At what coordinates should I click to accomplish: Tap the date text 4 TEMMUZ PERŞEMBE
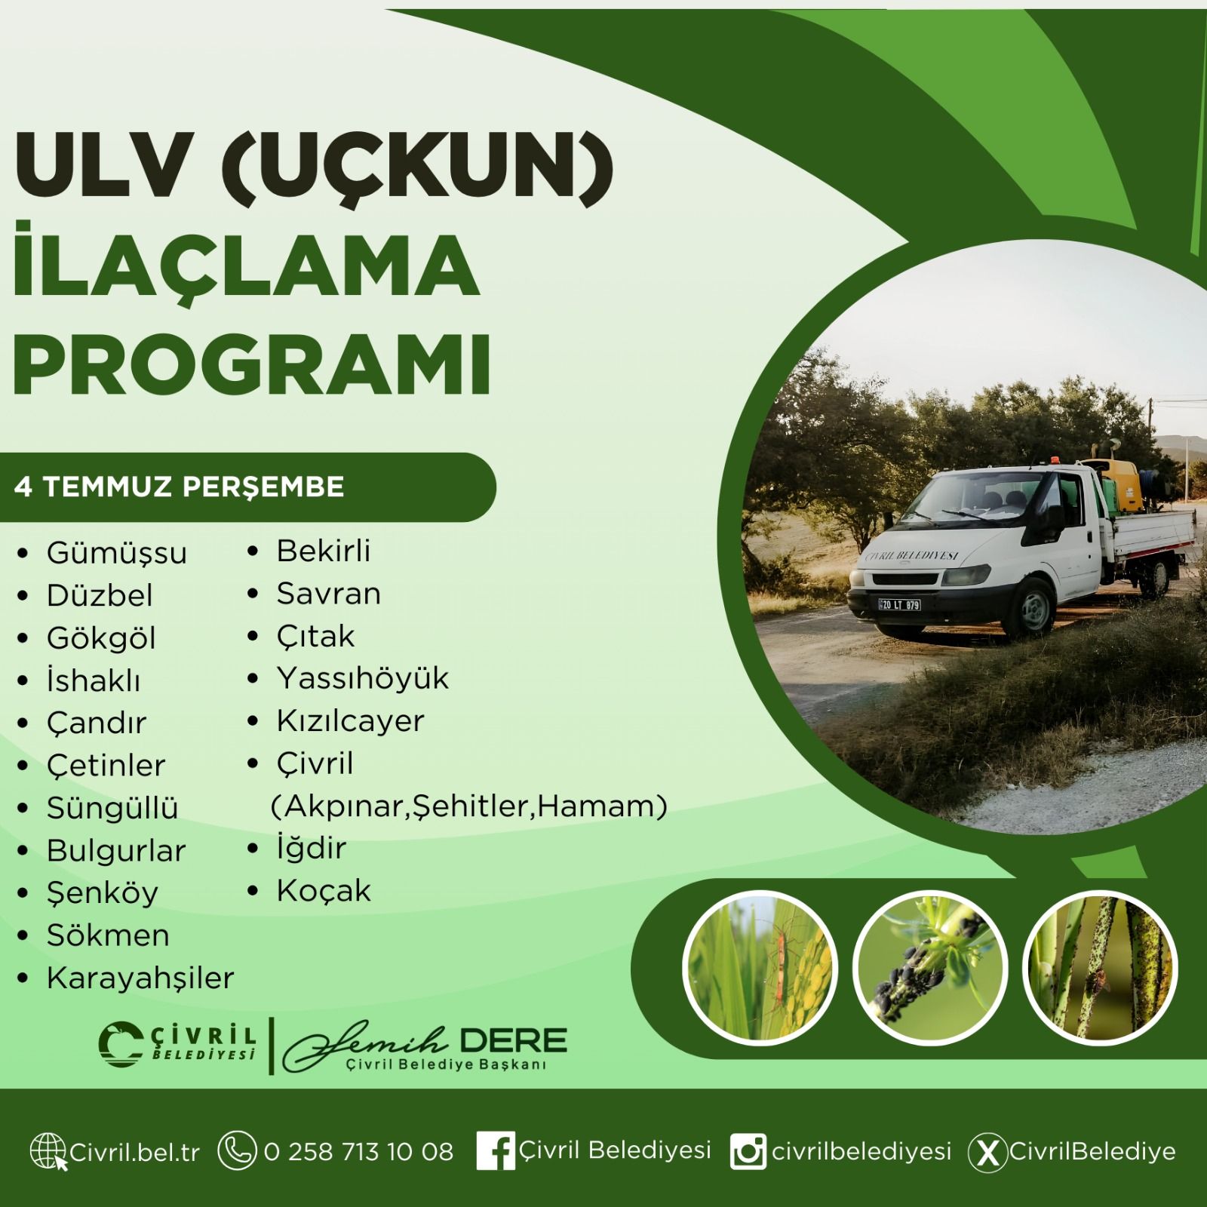coord(179,487)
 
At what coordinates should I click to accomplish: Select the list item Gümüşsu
coord(117,553)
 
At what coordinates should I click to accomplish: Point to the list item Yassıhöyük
coord(362,678)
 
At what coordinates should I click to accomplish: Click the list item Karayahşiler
coord(140,978)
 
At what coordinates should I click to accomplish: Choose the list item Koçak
coord(324,891)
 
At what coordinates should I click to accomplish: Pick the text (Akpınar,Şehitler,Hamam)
coord(469,806)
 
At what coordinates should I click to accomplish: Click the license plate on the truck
coord(899,604)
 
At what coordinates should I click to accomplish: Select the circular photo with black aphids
coord(930,968)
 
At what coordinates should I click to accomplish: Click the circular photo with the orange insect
coord(760,968)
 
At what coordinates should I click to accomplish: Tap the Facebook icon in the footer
coord(496,1151)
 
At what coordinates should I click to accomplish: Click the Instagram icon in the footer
coord(748,1152)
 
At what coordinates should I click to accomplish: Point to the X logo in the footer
coord(987,1153)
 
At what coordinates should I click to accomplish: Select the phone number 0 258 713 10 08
coord(358,1152)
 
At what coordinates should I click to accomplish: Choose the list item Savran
coord(328,594)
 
